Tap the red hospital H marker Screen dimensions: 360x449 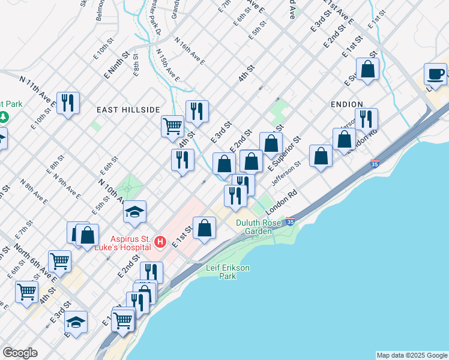[x=160, y=242]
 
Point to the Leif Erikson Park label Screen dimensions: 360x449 [x=228, y=272]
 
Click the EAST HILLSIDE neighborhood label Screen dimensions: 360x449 [x=128, y=110]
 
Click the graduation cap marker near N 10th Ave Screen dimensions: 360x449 [x=135, y=212]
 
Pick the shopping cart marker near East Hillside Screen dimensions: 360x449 [x=172, y=126]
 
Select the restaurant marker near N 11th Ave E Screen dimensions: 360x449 [x=68, y=103]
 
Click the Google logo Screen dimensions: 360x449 [x=20, y=353]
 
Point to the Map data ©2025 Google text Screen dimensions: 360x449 [x=411, y=355]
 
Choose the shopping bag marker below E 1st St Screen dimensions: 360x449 [x=205, y=228]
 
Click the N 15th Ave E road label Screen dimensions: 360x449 [x=168, y=65]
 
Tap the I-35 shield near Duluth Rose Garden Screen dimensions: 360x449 [x=291, y=221]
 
